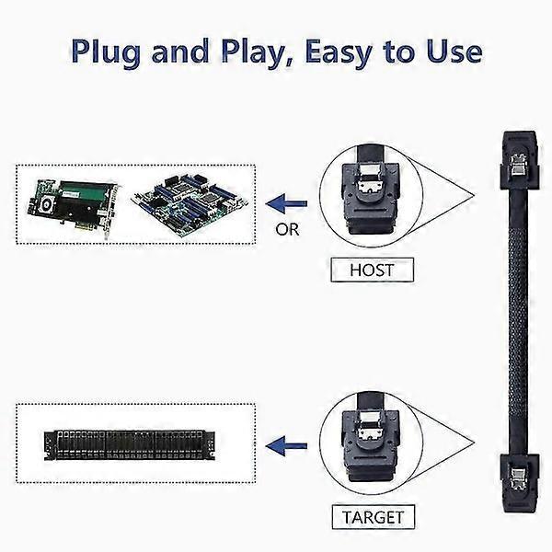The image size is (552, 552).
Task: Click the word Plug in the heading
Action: [106, 52]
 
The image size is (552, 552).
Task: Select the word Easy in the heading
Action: [340, 52]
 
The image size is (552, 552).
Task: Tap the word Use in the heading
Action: [454, 52]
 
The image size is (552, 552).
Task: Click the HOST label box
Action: [372, 270]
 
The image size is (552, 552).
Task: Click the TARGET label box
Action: [374, 517]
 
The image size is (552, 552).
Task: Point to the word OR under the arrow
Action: [287, 229]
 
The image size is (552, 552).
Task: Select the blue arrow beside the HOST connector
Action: [286, 203]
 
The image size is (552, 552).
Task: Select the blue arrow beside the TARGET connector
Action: [286, 446]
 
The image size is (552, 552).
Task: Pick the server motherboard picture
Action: [190, 205]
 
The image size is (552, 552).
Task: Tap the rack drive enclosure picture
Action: [129, 445]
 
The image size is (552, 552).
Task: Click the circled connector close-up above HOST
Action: [372, 196]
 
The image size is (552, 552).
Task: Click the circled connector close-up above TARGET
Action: [372, 443]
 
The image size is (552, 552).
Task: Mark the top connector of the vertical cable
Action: [520, 160]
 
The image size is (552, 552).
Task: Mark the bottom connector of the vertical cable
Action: [520, 483]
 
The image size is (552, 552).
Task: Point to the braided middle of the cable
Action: [519, 322]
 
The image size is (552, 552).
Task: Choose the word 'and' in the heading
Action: [181, 52]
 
